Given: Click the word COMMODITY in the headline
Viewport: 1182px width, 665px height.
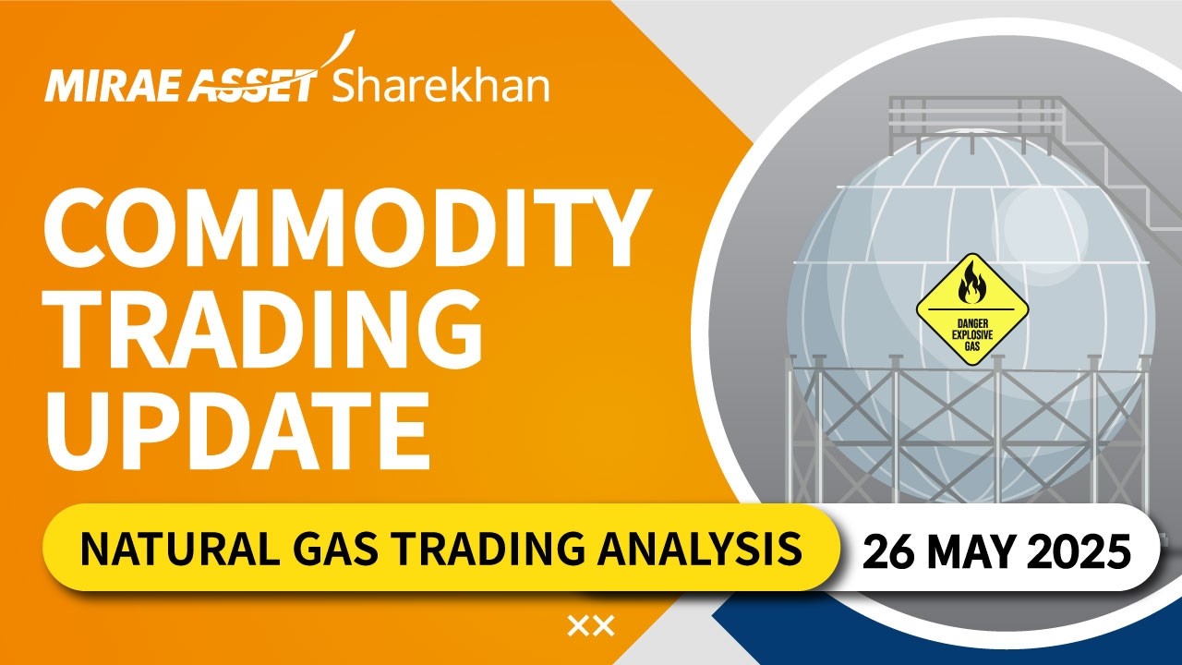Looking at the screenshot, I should click(342, 230).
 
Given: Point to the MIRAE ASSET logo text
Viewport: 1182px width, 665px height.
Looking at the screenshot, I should click(180, 88).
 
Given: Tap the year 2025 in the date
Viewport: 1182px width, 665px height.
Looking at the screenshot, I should click(1085, 551).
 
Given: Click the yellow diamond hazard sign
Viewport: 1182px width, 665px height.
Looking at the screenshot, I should click(971, 309).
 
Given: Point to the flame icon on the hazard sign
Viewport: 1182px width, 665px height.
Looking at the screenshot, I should click(971, 283).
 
